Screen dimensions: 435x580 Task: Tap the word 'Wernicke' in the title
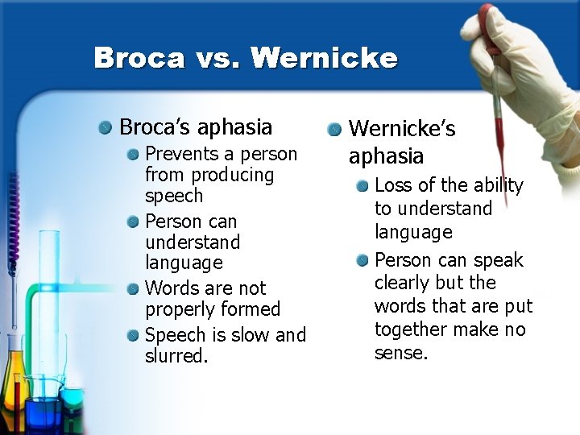[324, 58]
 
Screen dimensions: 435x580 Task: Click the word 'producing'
[233, 176]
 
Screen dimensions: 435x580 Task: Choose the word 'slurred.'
[176, 356]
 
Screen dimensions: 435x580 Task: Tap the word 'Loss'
[393, 185]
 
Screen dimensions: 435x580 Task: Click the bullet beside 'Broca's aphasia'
[106, 127]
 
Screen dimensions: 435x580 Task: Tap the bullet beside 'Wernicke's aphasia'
[334, 129]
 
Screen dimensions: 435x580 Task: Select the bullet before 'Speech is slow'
[135, 334]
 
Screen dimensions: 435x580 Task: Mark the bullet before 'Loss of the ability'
[363, 186]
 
